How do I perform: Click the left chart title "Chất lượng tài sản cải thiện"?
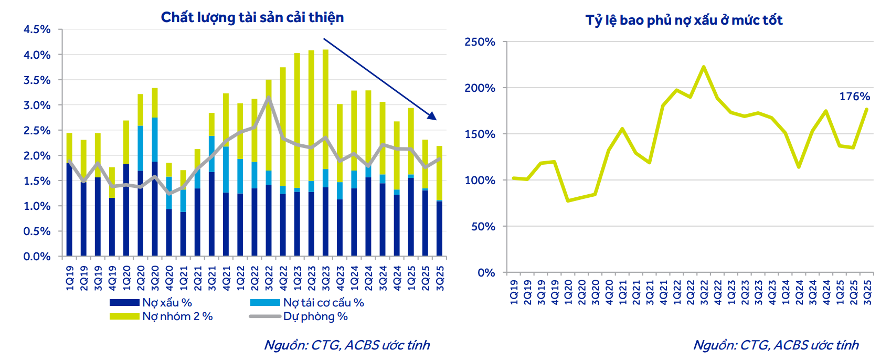tap(252, 17)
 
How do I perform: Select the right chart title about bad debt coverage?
tap(684, 20)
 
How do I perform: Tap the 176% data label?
tap(854, 97)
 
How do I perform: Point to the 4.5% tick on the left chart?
tap(37, 29)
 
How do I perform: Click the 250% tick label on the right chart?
tap(480, 42)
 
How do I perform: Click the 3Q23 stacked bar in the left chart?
tap(325, 152)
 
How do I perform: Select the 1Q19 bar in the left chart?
tap(69, 194)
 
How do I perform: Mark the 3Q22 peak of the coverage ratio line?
tap(704, 67)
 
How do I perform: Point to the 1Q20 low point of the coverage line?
tap(568, 200)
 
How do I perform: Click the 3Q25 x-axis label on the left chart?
tap(440, 278)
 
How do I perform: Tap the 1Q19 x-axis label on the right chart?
tap(514, 292)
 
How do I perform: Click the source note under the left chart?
tap(346, 345)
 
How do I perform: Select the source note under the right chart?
tap(776, 345)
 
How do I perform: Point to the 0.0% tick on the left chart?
tap(37, 257)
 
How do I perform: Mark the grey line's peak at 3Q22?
tap(269, 97)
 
